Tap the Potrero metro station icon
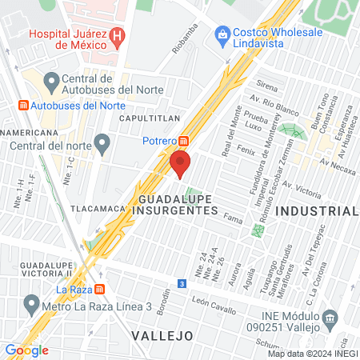tap(184, 142)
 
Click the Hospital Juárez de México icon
tap(118, 36)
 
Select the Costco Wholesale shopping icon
tap(222, 35)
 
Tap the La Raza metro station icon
tap(99, 289)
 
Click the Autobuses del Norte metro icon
tap(22, 106)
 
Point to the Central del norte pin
tap(102, 145)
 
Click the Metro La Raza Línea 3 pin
tap(32, 304)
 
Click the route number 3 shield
tap(182, 284)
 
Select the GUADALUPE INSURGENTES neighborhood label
tap(178, 203)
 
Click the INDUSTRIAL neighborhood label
tap(317, 211)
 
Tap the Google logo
tap(26, 350)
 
